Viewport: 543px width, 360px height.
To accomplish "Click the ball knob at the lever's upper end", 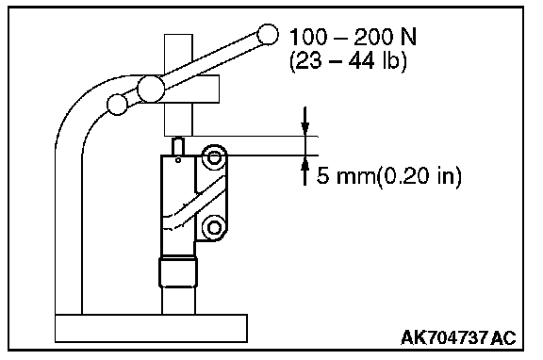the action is coord(268,35).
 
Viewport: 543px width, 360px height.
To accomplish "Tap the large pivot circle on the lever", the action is coord(151,90).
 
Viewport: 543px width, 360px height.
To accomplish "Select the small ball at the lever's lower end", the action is coord(118,105).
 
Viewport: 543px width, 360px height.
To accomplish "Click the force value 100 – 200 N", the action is coord(353,37).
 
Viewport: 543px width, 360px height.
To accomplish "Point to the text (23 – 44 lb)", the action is coord(348,61).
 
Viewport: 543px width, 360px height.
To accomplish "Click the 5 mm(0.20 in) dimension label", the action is coord(389,175).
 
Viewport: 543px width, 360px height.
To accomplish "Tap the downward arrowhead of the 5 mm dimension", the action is coord(304,129).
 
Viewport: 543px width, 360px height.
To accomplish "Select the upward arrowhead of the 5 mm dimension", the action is coord(304,163).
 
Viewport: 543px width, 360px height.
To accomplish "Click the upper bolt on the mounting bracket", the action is coord(214,157).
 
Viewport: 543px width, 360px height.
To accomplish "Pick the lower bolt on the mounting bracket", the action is coord(214,228).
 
